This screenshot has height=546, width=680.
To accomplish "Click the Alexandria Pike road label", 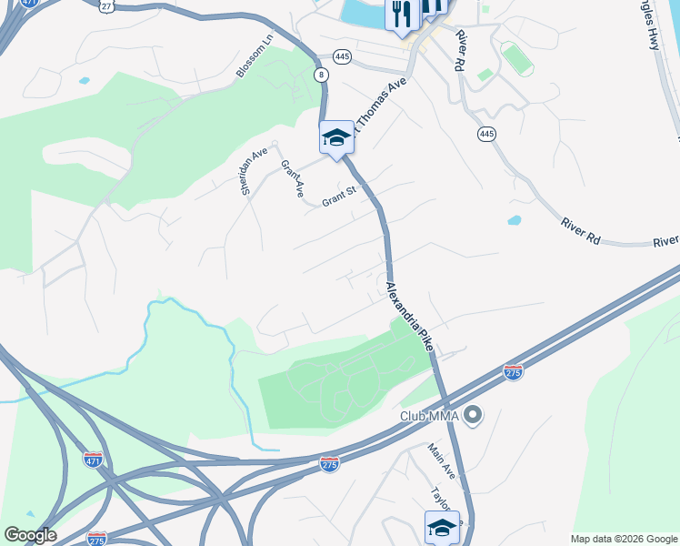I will [409, 316].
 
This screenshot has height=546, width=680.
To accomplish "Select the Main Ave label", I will [442, 460].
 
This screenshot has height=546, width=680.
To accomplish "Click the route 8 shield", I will [322, 76].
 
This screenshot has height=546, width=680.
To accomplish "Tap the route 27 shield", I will [107, 5].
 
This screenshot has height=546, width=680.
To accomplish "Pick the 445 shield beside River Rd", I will [486, 134].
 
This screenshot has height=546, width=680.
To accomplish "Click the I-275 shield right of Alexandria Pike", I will [513, 372].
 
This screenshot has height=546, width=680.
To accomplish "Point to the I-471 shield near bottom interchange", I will [93, 458].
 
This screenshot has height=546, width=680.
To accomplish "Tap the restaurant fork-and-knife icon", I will [402, 14].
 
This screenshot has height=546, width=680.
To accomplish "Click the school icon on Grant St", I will [335, 137].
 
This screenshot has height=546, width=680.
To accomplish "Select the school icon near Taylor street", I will [442, 527].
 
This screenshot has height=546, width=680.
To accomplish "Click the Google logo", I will [30, 535].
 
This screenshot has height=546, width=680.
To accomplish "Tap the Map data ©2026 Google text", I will [623, 539].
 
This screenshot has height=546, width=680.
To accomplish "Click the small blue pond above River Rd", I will [515, 220].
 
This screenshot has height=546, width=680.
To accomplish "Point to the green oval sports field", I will [517, 59].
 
